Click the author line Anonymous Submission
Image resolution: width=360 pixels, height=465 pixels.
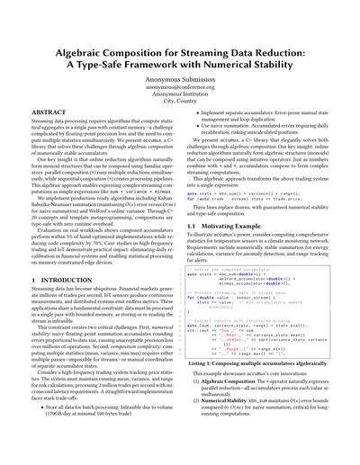click(180, 65)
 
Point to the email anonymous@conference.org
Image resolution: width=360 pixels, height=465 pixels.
click(180, 75)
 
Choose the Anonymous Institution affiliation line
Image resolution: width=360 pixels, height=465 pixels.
click(180, 83)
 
